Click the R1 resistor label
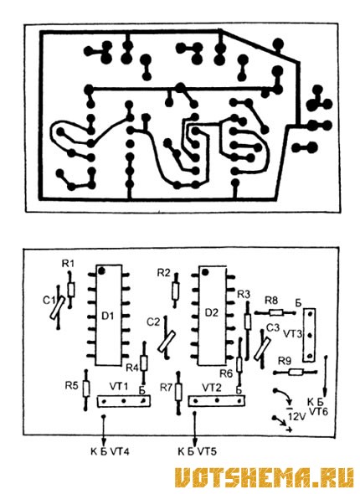pyautogui.click(x=68, y=264)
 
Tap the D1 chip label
pyautogui.click(x=108, y=316)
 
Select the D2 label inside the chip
pyautogui.click(x=212, y=312)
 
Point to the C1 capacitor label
pyautogui.click(x=49, y=301)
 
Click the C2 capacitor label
pyautogui.click(x=153, y=322)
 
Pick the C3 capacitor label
pyautogui.click(x=273, y=327)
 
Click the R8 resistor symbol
pyautogui.click(x=276, y=312)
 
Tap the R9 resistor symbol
pyautogui.click(x=296, y=372)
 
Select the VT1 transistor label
pyautogui.click(x=119, y=387)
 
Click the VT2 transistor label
pyautogui.click(x=212, y=387)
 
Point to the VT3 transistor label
pyautogui.click(x=293, y=334)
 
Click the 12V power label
pyautogui.click(x=296, y=417)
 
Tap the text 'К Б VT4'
pyautogui.click(x=110, y=452)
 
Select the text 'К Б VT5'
pyautogui.click(x=198, y=452)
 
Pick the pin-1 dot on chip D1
pyautogui.click(x=101, y=270)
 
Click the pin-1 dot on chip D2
pyautogui.click(x=206, y=272)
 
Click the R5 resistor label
pyautogui.click(x=71, y=385)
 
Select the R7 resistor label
pyautogui.click(x=167, y=387)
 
